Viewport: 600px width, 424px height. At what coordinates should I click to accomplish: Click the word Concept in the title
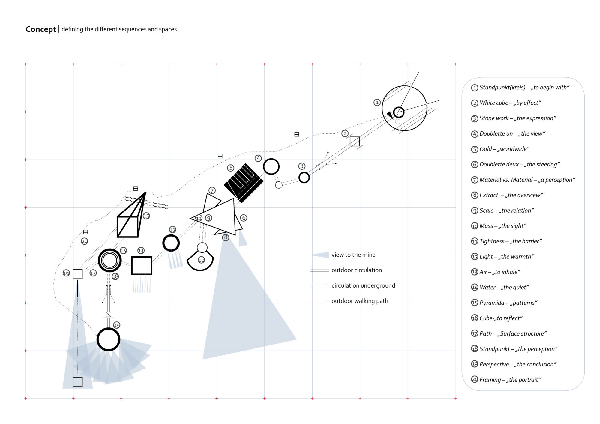point(40,29)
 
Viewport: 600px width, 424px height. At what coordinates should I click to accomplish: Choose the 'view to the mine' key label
point(353,255)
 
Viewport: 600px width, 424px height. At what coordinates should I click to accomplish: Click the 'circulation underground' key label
point(363,286)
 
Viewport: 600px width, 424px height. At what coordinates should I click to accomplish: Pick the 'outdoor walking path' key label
point(360,301)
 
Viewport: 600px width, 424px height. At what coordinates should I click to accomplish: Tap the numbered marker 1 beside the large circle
point(377,102)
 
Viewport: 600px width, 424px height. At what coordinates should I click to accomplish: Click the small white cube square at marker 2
point(355,141)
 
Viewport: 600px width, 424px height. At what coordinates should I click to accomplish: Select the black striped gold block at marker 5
point(244,183)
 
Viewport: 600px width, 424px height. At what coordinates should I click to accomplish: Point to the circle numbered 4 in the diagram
point(271,167)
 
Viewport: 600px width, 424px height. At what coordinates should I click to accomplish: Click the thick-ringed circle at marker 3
point(304,178)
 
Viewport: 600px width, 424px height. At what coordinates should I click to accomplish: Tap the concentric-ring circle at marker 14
point(109,260)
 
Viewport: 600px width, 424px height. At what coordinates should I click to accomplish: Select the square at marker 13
point(142,265)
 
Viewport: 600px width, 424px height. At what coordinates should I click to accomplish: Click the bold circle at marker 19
point(108,339)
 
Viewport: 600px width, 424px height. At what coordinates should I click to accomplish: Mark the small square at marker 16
point(77,274)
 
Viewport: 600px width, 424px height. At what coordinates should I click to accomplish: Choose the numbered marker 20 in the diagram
point(85,241)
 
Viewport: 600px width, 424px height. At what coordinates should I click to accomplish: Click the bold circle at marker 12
point(171,243)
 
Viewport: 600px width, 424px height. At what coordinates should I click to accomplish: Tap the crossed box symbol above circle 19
point(108,314)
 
